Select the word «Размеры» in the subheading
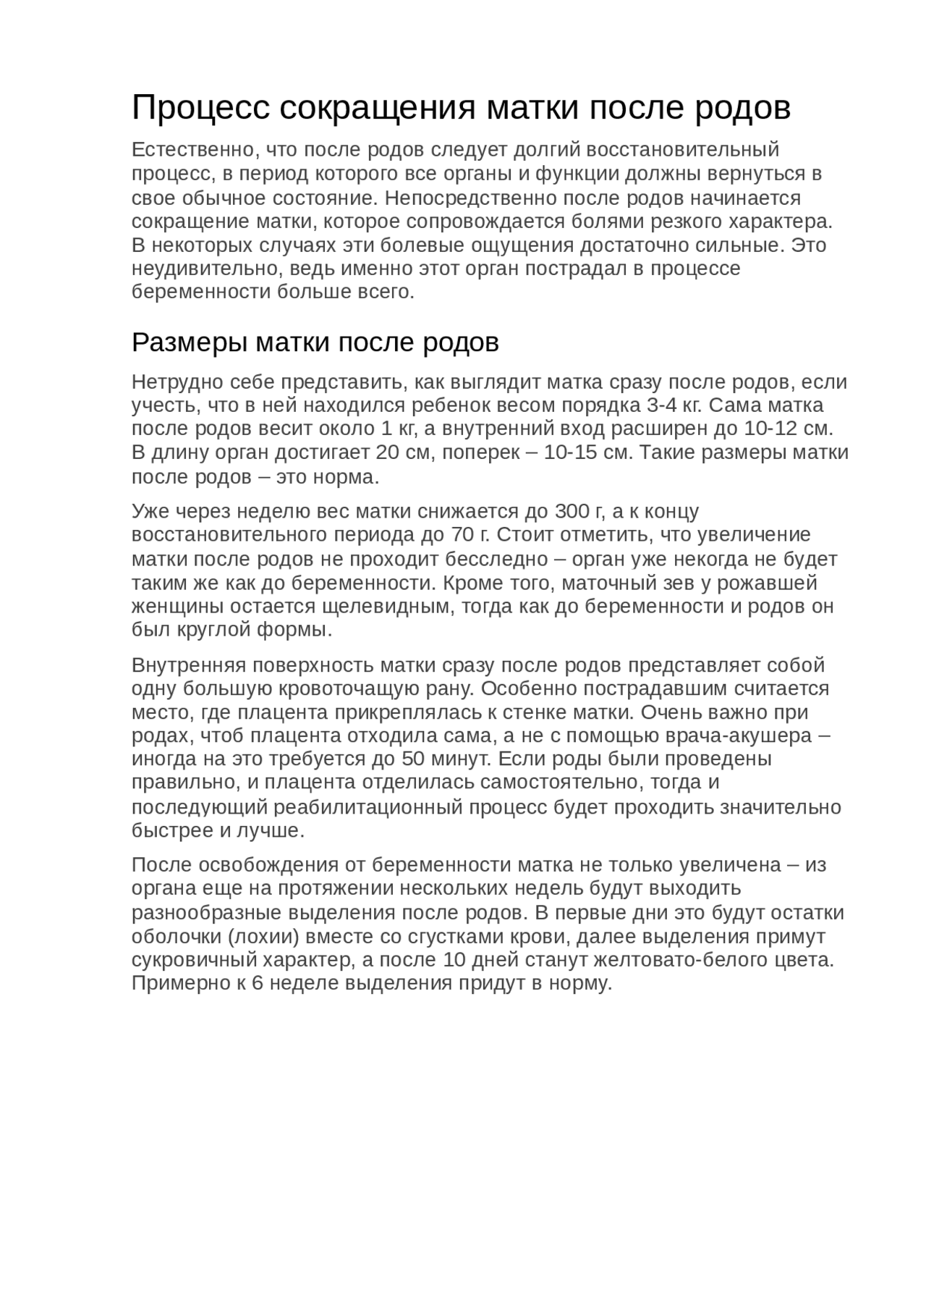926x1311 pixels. pyautogui.click(x=190, y=342)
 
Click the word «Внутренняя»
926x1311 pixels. pyautogui.click(x=190, y=665)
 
